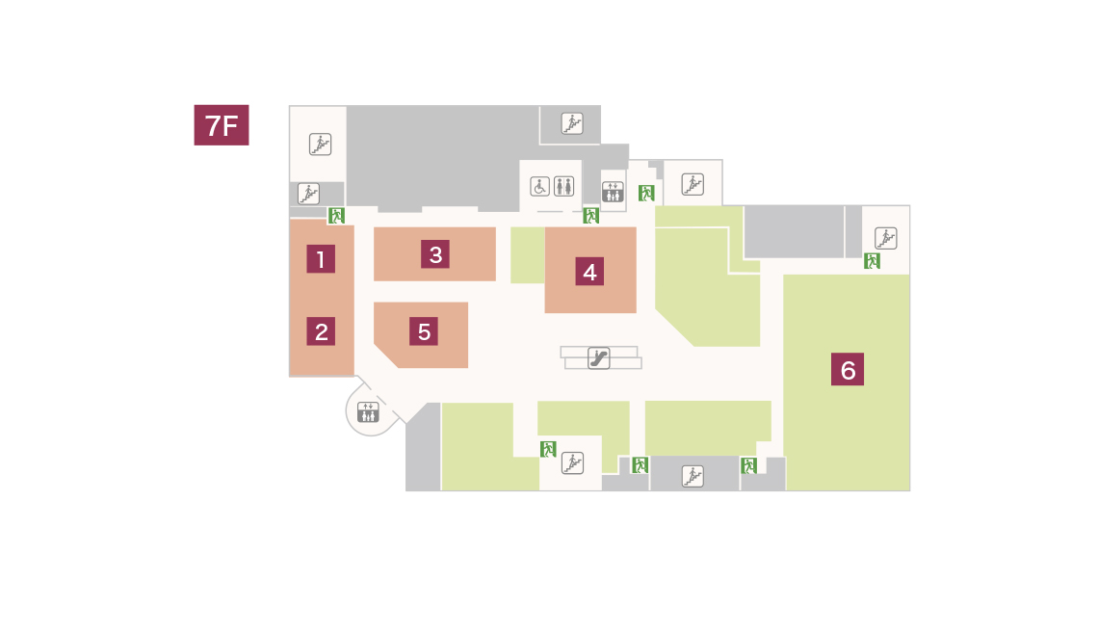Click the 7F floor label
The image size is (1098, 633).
pos(222,125)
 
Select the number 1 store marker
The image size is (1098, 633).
pos(321,259)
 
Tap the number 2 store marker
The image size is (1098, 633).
pos(321,331)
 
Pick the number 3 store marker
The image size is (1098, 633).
pos(434,254)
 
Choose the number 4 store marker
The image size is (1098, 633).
pos(589,272)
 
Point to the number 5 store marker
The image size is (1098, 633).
pos(424,331)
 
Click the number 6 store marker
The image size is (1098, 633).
pos(848,369)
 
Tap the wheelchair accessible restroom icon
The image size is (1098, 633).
pos(540,186)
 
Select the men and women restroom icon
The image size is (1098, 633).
pos(563,186)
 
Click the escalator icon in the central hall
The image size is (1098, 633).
pos(598,358)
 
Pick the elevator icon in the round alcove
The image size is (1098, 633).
pos(368,411)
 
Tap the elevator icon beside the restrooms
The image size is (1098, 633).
pos(613,192)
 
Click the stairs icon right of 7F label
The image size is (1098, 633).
pos(320,145)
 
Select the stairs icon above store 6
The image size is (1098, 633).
pos(886,238)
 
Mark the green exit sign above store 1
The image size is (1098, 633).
pos(337,216)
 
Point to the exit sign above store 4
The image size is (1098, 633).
pos(591,216)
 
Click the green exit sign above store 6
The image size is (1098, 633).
pos(872,260)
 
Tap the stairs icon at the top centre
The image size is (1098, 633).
pos(572,124)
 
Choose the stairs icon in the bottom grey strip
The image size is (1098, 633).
pos(693,476)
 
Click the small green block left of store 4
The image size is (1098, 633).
pos(527,255)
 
